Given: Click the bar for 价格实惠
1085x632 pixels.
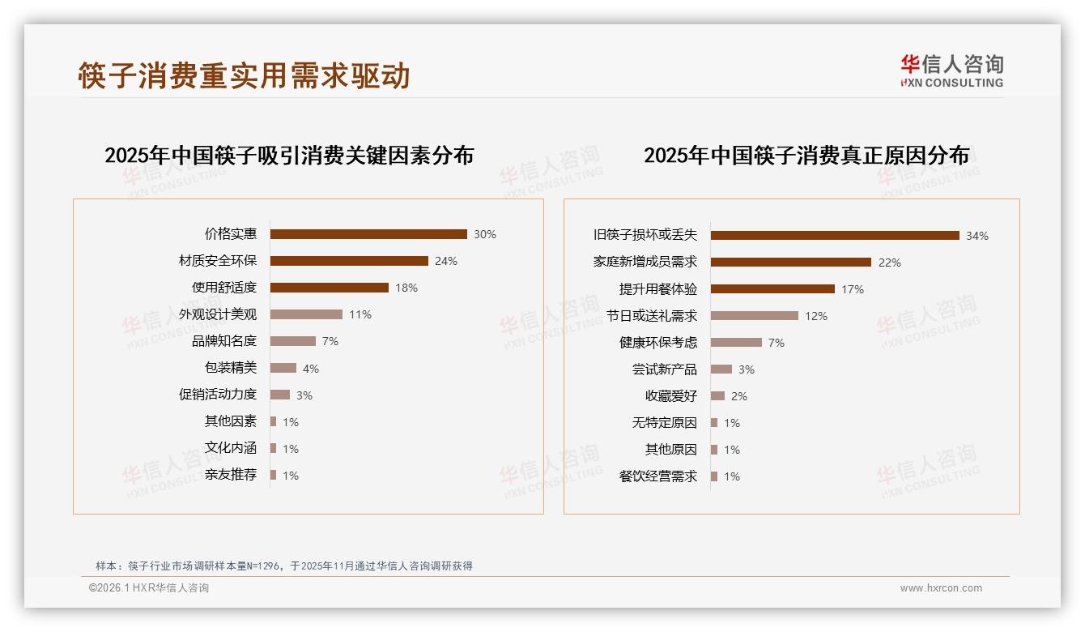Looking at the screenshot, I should click(x=368, y=234).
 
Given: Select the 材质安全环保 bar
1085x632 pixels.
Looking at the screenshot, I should click(x=349, y=261).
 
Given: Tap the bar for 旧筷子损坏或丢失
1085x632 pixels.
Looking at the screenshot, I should click(x=835, y=236).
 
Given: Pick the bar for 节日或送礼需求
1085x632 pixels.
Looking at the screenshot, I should click(x=755, y=316).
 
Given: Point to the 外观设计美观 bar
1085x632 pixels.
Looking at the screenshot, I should click(x=306, y=314).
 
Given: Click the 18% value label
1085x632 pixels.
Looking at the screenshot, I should click(x=406, y=288).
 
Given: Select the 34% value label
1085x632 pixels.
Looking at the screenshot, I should click(x=976, y=236).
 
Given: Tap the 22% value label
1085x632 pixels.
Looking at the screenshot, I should click(x=889, y=263).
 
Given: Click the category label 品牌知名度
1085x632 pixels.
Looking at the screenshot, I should click(x=224, y=341).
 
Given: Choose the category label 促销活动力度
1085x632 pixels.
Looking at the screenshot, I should click(x=218, y=395).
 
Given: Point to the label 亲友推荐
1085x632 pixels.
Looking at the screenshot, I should click(x=231, y=475).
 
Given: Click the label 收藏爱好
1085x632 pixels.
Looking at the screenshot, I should click(x=671, y=396).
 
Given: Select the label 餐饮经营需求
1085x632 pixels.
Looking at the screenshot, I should click(x=658, y=476).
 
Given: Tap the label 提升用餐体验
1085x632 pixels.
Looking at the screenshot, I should click(x=658, y=289).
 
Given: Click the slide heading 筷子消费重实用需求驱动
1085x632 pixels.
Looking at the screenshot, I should click(x=245, y=75).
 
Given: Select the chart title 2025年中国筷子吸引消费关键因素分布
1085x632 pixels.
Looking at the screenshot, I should click(x=289, y=155).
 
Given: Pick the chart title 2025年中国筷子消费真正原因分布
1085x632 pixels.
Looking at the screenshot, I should click(x=806, y=155).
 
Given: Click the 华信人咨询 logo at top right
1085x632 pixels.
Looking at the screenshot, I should click(x=951, y=71).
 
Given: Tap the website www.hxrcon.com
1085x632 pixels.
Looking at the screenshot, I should click(x=941, y=588).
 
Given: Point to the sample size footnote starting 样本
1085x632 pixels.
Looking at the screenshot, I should click(x=284, y=566).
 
